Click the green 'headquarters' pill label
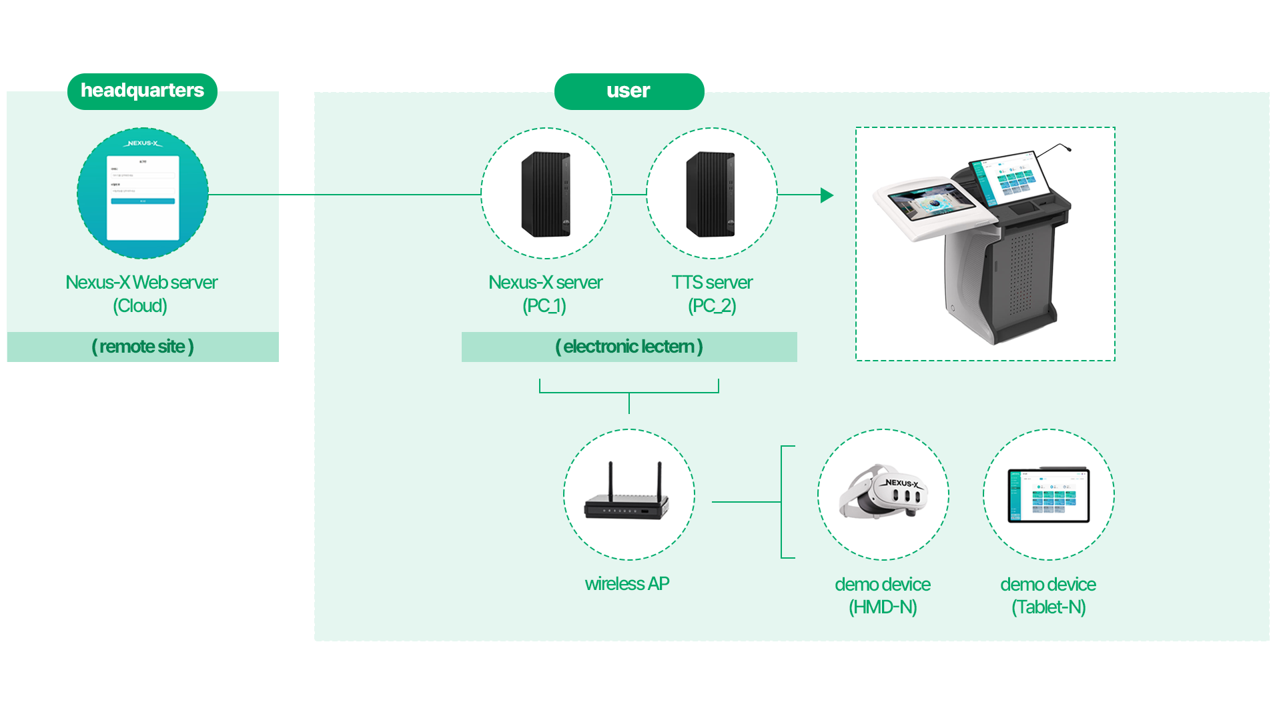tap(142, 91)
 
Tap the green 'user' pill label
tap(628, 91)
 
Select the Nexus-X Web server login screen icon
tap(143, 193)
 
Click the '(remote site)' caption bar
tap(143, 347)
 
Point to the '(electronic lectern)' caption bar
tap(628, 347)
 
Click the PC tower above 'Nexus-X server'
tap(546, 194)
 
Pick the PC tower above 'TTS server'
tap(711, 194)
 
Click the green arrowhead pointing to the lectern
tap(827, 195)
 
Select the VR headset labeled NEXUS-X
tap(883, 493)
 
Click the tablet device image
tap(1048, 495)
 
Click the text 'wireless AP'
tap(626, 584)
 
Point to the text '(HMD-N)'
tap(883, 607)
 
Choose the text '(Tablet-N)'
tap(1048, 607)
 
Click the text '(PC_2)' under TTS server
tap(712, 306)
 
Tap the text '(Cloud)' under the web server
tap(140, 306)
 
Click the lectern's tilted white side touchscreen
tap(931, 203)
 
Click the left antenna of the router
tap(610, 480)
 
